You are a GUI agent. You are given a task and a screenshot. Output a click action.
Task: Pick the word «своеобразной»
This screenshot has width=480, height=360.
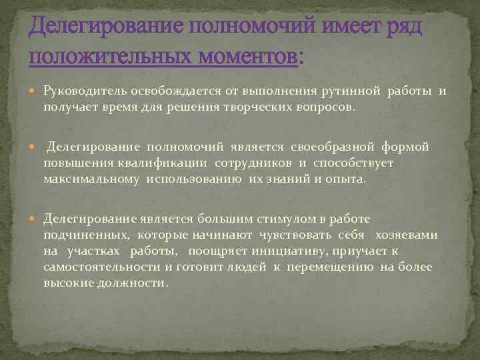(338, 146)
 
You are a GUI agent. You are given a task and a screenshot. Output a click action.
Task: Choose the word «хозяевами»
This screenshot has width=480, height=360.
(407, 235)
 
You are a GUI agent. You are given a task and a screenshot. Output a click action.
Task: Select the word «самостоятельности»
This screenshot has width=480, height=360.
(101, 267)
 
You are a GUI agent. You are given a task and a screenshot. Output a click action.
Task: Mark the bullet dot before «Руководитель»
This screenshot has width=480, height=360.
(35, 91)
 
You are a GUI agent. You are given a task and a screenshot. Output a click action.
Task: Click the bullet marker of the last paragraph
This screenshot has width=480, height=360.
(35, 219)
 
